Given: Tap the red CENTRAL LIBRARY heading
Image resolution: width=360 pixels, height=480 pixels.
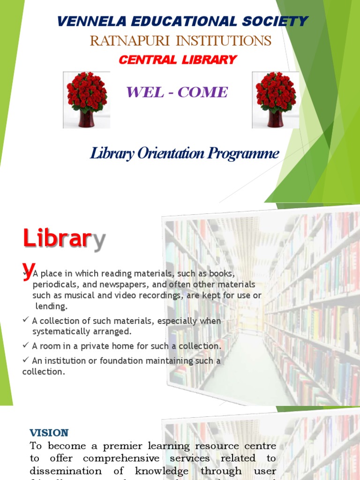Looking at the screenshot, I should coord(178,60).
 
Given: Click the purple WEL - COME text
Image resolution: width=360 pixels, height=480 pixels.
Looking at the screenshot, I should coord(176,92).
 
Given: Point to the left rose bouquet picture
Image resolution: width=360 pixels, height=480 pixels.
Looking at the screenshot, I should coord(86,99).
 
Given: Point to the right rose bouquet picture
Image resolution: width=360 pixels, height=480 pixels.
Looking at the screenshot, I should coord(275,99).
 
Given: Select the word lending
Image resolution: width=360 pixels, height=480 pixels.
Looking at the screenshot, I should coord(52,306).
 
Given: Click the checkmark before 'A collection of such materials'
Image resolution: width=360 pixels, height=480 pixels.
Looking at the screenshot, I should coord(26,321).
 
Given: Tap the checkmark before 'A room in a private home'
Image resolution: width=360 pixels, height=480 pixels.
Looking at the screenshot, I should coord(26,346).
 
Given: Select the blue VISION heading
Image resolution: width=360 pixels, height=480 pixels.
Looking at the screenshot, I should coord(49,432).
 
